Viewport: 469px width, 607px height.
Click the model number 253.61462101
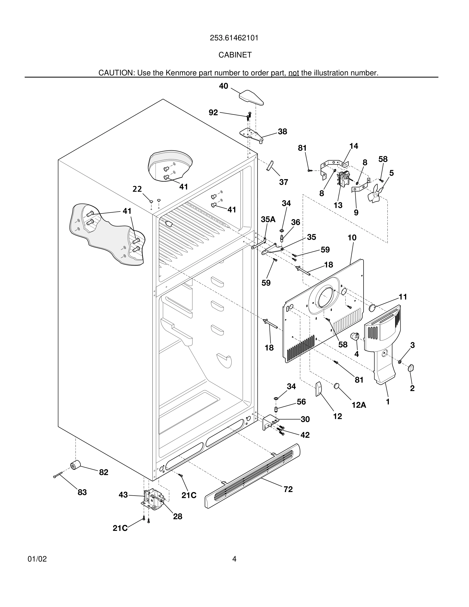coord(234,38)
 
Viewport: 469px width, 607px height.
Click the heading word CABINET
coord(235,55)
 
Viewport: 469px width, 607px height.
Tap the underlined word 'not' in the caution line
coord(294,73)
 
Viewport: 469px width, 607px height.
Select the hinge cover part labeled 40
coord(251,98)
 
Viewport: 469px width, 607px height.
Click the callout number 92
coord(213,113)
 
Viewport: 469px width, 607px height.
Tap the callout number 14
coord(354,146)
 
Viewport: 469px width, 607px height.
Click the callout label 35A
coord(268,219)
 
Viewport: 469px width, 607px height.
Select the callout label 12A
coord(359,405)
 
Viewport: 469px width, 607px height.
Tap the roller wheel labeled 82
coord(75,465)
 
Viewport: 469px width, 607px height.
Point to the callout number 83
coord(82,493)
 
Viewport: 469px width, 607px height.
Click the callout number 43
coord(123,495)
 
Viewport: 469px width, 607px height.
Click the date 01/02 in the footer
coord(37,559)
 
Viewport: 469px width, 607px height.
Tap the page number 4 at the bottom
coord(234,559)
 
